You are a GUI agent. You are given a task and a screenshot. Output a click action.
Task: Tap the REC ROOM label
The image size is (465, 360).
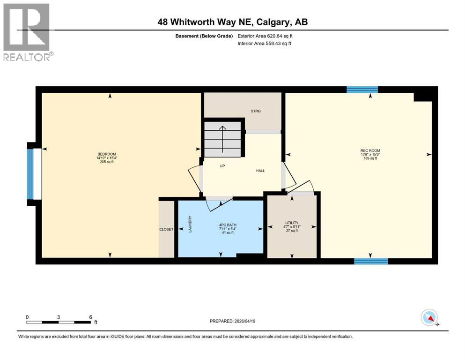tap(370, 150)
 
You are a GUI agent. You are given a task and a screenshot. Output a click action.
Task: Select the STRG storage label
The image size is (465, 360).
tap(255, 111)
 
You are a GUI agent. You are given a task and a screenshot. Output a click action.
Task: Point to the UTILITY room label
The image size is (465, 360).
tap(292, 223)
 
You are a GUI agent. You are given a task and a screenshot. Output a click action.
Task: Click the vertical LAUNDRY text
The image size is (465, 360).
tap(190, 225)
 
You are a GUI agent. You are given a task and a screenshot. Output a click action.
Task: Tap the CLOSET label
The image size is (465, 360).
tap(166, 229)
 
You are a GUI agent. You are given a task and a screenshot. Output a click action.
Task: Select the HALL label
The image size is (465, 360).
tap(260, 171)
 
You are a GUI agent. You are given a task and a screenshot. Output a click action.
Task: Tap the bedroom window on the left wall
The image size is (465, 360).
tap(31, 173)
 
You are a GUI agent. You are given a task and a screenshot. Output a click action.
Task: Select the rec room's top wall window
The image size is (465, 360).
tap(362, 90)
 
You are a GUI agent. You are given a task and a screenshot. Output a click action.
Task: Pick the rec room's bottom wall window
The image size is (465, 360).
tap(371, 261)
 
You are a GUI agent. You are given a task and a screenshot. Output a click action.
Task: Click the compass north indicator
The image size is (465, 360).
tap(429, 318)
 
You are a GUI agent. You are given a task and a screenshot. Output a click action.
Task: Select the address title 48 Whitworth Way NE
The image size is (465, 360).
tap(232, 22)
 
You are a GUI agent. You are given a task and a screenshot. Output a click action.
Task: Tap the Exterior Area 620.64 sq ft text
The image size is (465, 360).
tap(266, 36)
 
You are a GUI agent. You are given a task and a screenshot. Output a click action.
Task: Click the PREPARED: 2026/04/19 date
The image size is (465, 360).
tap(232, 321)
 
